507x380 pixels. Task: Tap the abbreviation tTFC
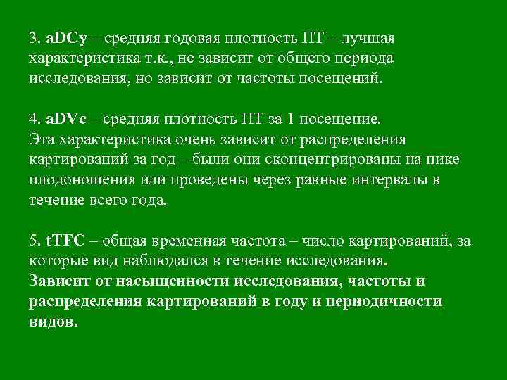66,242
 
